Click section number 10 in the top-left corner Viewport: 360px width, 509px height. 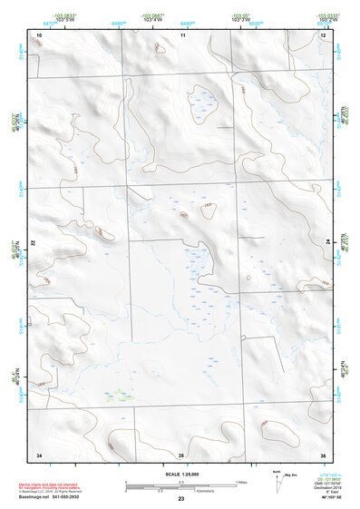pyautogui.click(x=39, y=34)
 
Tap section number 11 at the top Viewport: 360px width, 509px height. pyautogui.click(x=182, y=34)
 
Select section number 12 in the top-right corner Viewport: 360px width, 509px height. pyautogui.click(x=323, y=34)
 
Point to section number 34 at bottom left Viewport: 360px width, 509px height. pyautogui.click(x=39, y=454)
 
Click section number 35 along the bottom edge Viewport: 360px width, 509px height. pyautogui.click(x=181, y=454)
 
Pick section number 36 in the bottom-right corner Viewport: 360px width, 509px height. pyautogui.click(x=323, y=454)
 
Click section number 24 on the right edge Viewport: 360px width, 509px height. pyautogui.click(x=328, y=242)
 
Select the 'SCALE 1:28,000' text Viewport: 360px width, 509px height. pyautogui.click(x=181, y=474)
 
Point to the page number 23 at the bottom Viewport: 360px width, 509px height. pyautogui.click(x=181, y=499)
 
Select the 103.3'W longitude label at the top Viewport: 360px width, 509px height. pyautogui.click(x=240, y=19)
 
